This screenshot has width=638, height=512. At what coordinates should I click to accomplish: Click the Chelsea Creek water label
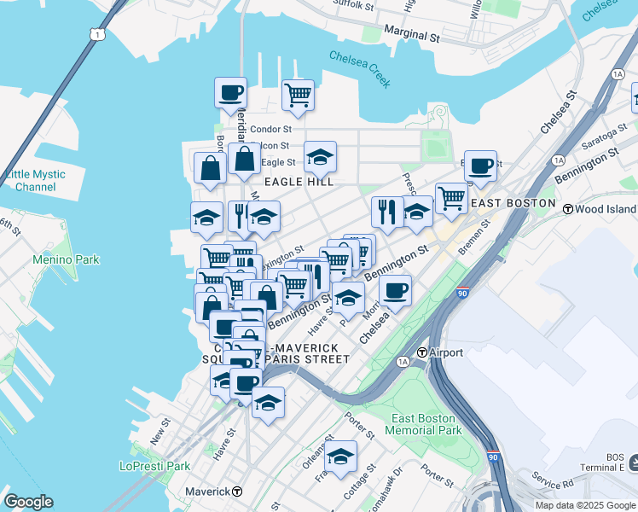360,68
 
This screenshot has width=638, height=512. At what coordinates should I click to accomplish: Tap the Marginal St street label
410,38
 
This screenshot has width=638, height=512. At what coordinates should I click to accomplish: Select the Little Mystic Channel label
35,180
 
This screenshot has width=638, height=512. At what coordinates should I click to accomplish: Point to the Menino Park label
66,259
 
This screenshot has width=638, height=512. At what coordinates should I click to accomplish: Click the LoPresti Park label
154,466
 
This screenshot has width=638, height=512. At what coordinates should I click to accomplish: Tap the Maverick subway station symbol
237,492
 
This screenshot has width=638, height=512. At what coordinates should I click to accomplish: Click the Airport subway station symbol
421,352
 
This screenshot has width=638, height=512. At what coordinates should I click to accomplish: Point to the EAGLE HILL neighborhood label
298,182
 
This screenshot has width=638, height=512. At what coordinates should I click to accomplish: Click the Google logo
28,502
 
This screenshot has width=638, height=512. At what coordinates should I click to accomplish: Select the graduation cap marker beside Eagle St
320,157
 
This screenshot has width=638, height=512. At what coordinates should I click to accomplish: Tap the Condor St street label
271,130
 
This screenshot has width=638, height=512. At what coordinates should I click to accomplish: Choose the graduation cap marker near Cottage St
340,457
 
